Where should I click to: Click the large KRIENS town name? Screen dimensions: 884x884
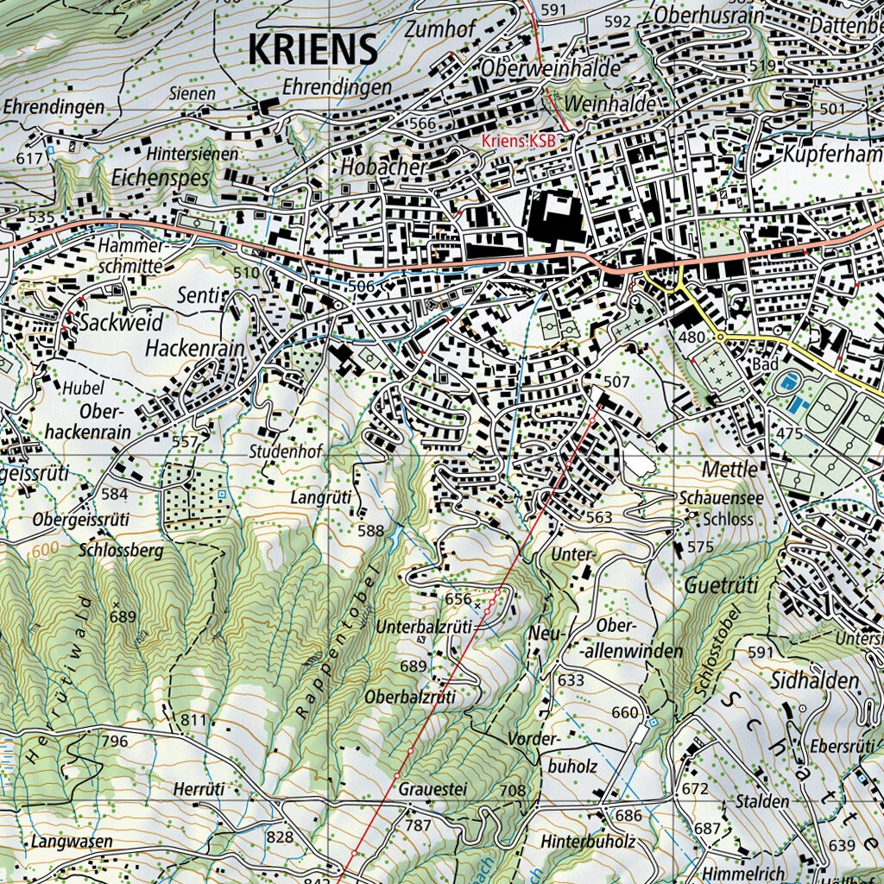pyautogui.click(x=313, y=49)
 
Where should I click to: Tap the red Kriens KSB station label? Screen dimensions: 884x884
pyautogui.click(x=518, y=141)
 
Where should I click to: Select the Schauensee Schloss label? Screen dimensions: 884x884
pyautogui.click(x=717, y=509)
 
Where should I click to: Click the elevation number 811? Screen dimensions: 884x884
pyautogui.click(x=195, y=719)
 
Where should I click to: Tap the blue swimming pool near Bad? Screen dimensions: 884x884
pyautogui.click(x=787, y=382)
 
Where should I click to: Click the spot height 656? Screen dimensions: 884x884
pyautogui.click(x=458, y=599)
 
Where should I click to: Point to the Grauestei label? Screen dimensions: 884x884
pyautogui.click(x=433, y=789)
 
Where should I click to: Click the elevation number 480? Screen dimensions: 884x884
pyautogui.click(x=691, y=337)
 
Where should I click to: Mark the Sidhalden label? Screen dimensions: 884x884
pyautogui.click(x=816, y=680)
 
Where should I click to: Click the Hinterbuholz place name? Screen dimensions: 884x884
pyautogui.click(x=589, y=841)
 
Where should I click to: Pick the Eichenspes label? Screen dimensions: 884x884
pyautogui.click(x=161, y=178)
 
